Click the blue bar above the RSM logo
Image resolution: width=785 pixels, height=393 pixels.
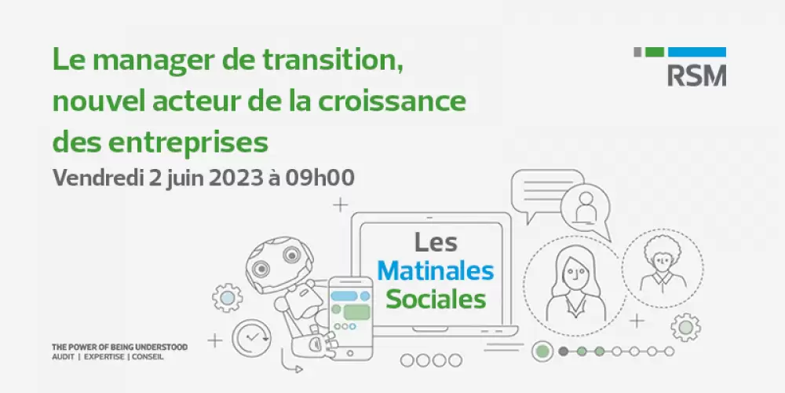697,52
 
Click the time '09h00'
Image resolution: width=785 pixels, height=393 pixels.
320,178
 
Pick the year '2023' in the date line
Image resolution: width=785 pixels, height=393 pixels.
231,178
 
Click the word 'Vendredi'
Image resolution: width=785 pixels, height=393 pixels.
98,178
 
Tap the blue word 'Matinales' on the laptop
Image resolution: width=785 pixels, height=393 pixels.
436,271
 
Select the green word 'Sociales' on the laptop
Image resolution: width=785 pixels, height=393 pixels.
436,299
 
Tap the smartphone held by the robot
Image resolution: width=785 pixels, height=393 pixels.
350,318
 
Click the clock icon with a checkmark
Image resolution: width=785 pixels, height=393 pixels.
251,337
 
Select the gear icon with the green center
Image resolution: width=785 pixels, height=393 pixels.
685,327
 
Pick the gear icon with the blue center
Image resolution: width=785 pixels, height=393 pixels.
228,298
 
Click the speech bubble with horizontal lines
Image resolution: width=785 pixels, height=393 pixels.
546,194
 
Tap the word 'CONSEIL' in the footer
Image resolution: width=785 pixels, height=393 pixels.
148,357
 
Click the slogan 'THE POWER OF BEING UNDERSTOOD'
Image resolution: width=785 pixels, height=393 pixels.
120,347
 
